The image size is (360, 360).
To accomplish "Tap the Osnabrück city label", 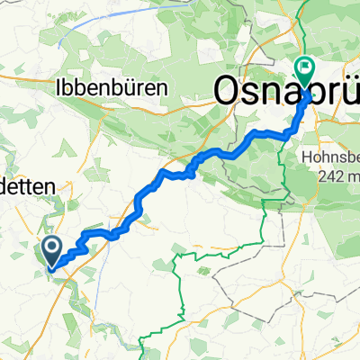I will tap(286, 90).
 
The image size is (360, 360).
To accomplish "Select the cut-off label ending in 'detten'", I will tap(27, 185).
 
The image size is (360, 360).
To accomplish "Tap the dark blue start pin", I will tap(49, 249).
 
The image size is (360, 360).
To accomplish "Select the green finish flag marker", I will tap(305, 67).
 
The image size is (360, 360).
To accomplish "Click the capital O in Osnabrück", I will tap(229, 90).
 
